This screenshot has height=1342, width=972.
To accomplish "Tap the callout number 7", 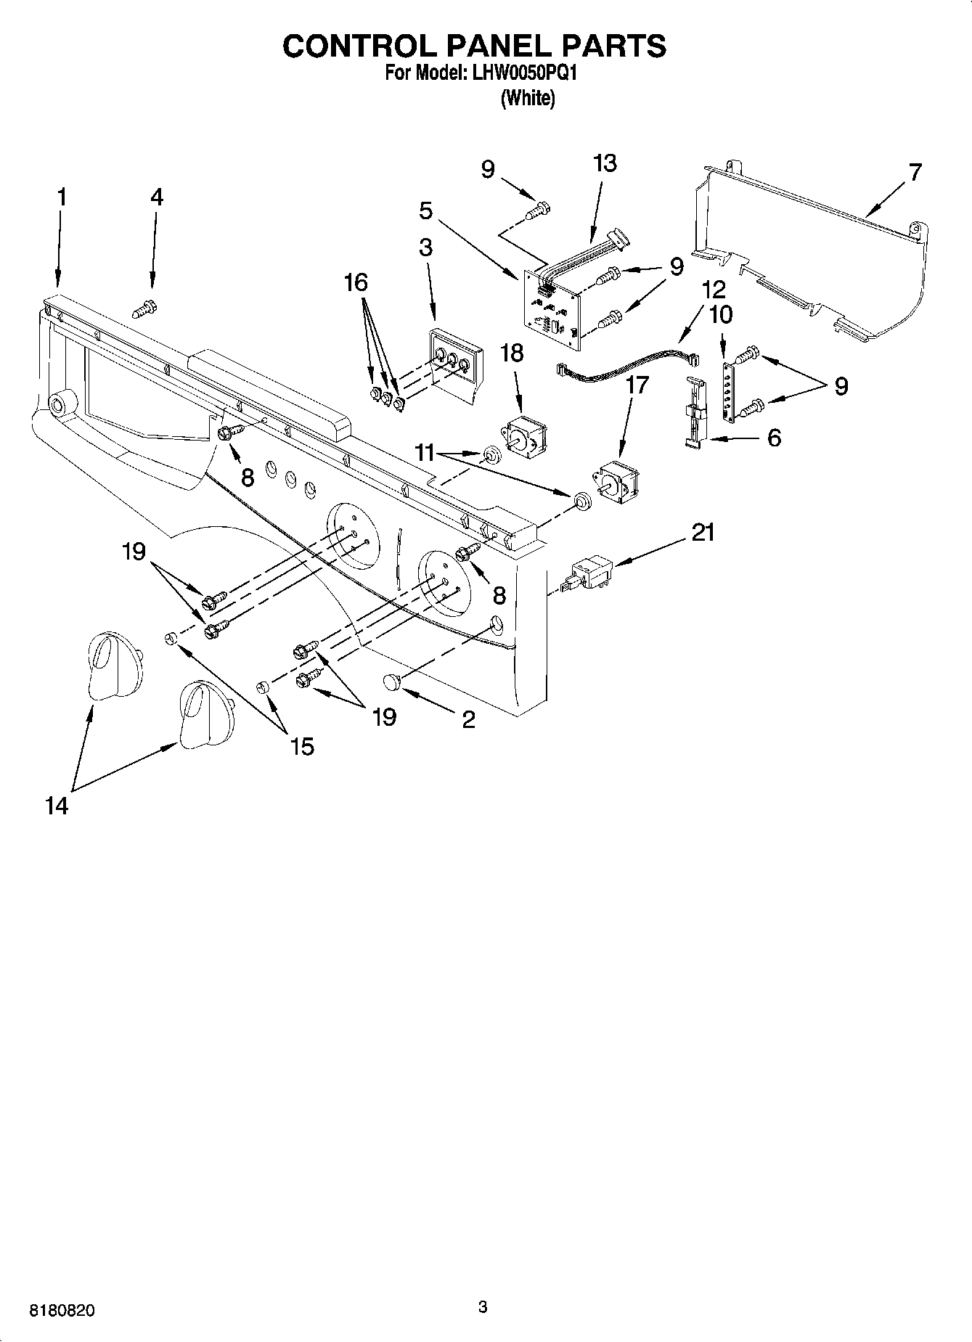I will [x=915, y=173].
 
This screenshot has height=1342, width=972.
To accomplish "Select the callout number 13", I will [x=604, y=163].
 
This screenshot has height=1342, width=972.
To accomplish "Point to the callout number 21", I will [x=703, y=533].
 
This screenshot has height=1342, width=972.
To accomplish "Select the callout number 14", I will [x=57, y=806].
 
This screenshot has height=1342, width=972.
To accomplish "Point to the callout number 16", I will [x=356, y=282].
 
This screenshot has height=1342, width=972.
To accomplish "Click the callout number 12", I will [x=714, y=290].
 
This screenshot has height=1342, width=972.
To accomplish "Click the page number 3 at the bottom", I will [x=483, y=1306].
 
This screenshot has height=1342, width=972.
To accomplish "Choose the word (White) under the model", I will [x=528, y=99].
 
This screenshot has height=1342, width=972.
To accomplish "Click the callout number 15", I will [x=302, y=745].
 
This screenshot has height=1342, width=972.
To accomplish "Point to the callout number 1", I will [x=62, y=197].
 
